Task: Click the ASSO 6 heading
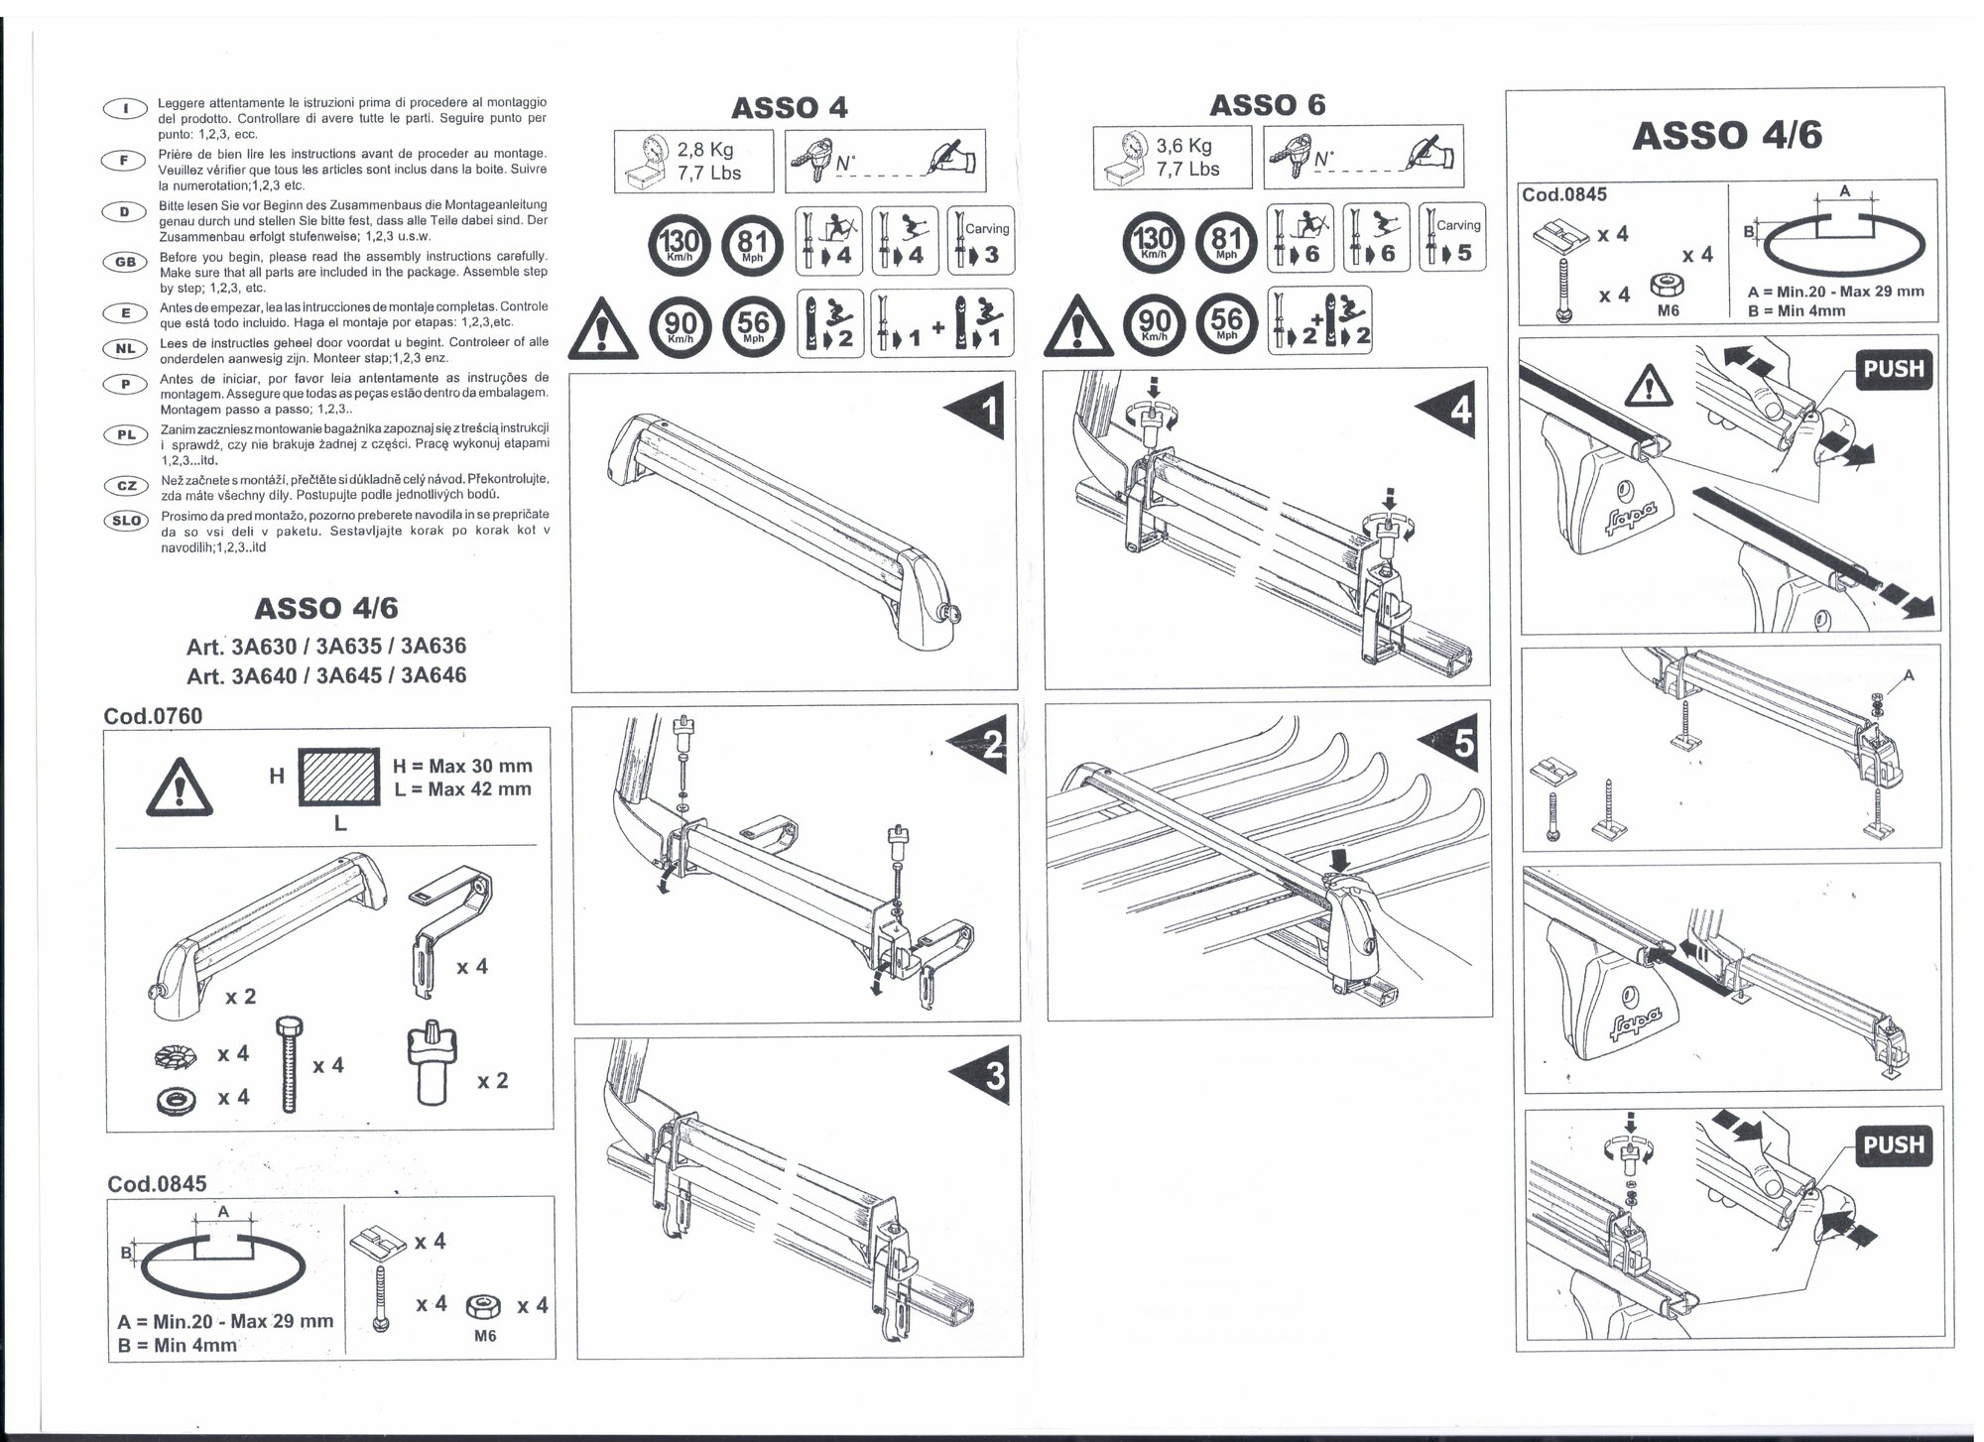coord(1267,105)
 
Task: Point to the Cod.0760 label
coord(153,716)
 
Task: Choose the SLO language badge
coord(127,521)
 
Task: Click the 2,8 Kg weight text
coord(705,150)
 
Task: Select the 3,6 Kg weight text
coord(1183,146)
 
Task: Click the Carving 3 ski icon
coord(979,241)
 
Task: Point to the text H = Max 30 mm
coord(462,766)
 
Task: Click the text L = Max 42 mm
coord(462,789)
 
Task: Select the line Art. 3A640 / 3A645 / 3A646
coord(326,675)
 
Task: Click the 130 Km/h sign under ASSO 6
coord(1154,242)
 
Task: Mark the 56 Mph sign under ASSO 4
coord(753,324)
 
